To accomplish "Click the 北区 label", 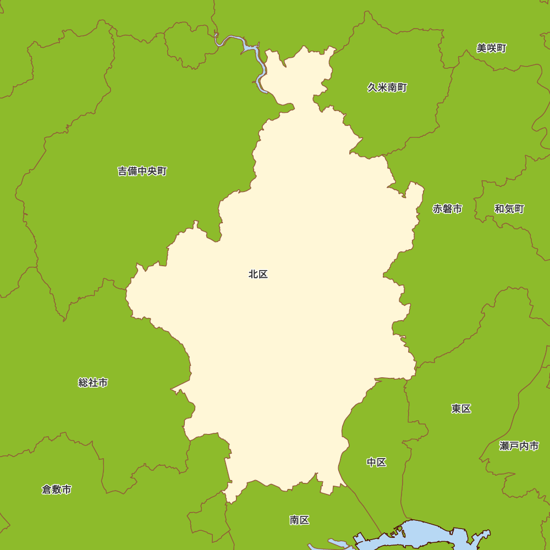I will (258, 274).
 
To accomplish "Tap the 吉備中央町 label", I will (142, 171).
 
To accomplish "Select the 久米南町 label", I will (387, 87).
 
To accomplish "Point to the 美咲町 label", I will (491, 48).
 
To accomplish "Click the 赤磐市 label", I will (447, 209).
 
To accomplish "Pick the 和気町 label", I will (509, 209).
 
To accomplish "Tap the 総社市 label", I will (93, 382).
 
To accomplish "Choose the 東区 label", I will (461, 409).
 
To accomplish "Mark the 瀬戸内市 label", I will (519, 446).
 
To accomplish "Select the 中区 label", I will (377, 463).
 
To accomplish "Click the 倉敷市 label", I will (57, 490).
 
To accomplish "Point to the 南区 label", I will (299, 520).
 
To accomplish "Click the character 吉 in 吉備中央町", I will (123, 171).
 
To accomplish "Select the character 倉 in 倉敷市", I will (47, 490).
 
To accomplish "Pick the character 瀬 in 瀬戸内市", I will (505, 446).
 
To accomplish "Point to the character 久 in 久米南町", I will (372, 87).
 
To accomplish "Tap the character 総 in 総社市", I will (83, 382).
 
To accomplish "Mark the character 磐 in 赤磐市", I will (447, 209).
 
